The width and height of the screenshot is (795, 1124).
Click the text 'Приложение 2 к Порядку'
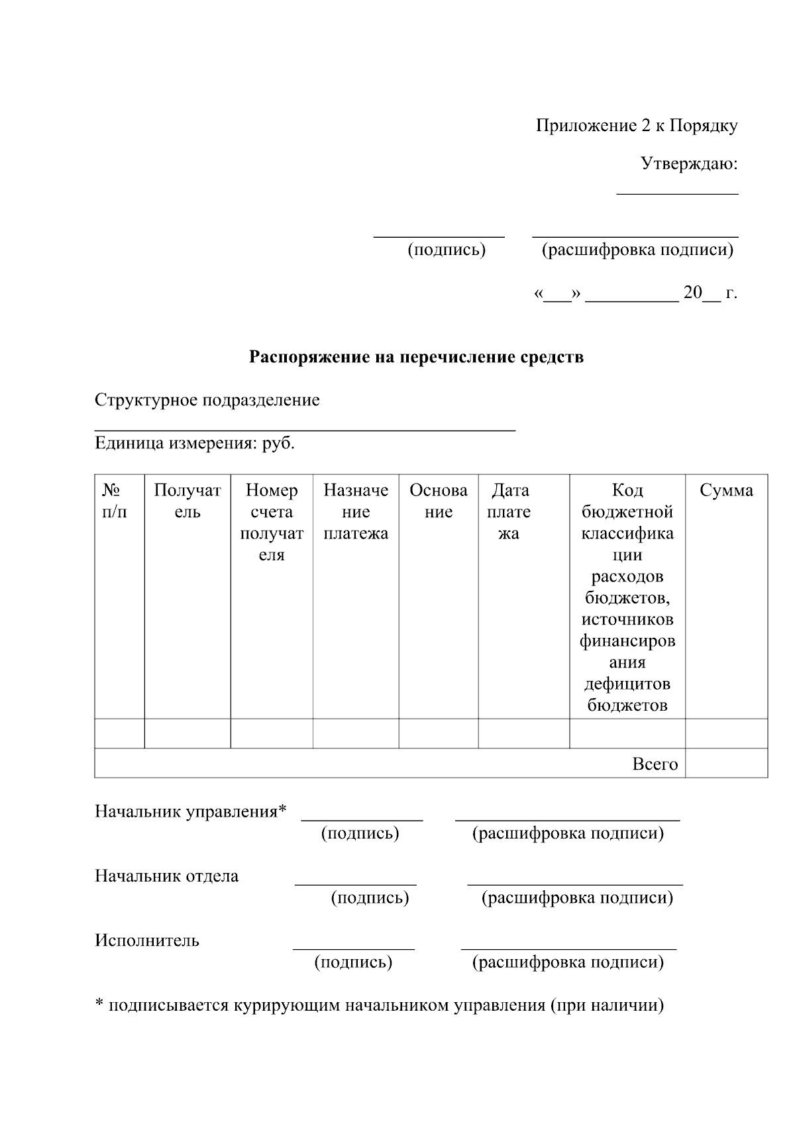[636, 126]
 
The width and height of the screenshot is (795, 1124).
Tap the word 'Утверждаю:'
[689, 164]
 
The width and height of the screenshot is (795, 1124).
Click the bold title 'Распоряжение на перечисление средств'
[416, 357]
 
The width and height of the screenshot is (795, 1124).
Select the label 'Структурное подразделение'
[207, 400]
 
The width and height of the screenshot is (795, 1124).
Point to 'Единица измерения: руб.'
[195, 443]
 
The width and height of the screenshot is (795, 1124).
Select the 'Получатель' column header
[187, 501]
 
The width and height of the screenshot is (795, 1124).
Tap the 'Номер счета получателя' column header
[272, 522]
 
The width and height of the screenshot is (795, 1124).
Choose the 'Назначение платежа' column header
[356, 511]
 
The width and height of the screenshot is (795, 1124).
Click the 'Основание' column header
[439, 501]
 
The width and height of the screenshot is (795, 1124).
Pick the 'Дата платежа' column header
[509, 511]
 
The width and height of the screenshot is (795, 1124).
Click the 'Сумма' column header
[726, 491]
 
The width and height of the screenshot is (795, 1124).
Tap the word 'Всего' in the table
[655, 764]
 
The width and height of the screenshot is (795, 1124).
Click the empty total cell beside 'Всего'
[726, 763]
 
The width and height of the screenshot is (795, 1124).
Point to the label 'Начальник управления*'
[191, 811]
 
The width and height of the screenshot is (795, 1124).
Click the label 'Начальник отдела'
[166, 876]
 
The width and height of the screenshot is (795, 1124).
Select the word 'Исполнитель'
[146, 941]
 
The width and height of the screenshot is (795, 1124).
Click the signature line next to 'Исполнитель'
[353, 948]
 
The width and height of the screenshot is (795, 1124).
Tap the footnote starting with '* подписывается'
[379, 1005]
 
